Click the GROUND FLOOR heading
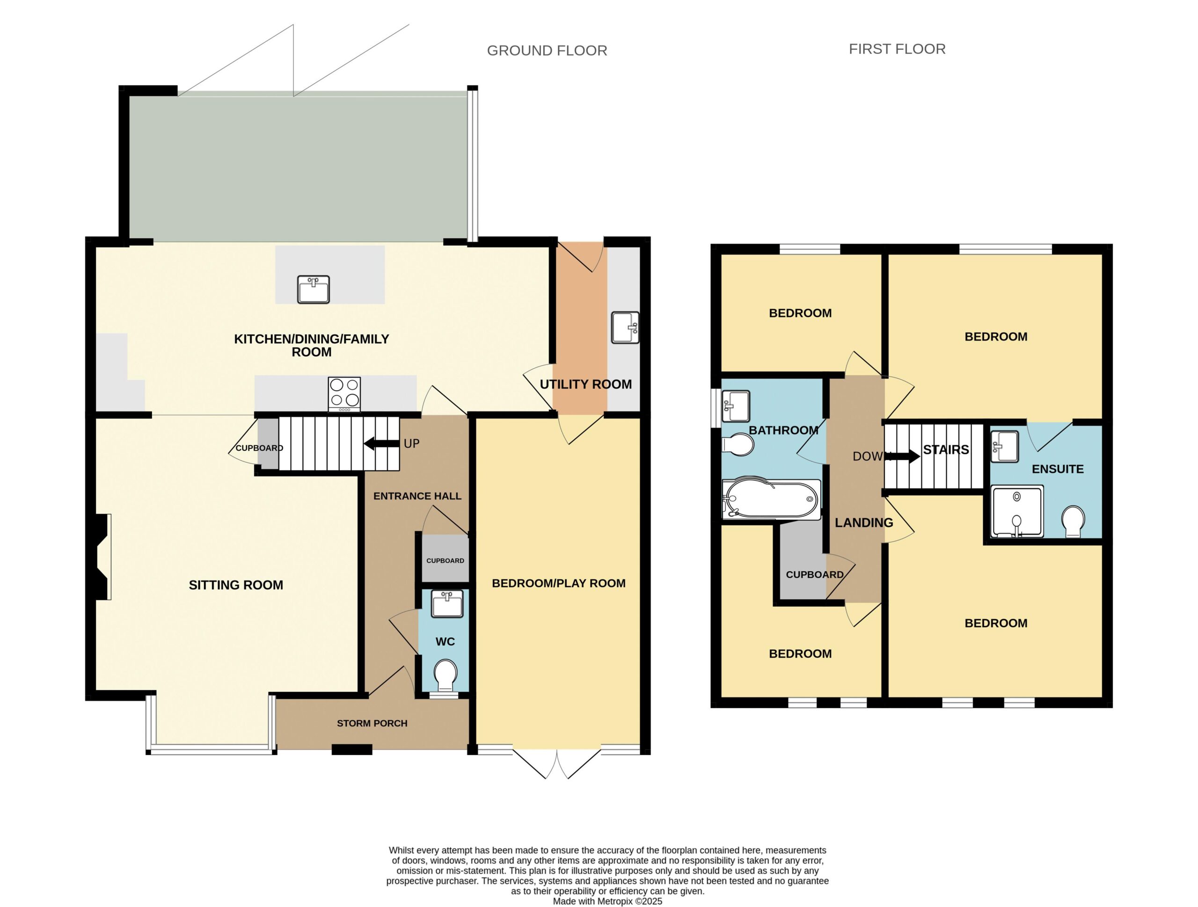[x=547, y=51]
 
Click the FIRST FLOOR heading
[x=897, y=49]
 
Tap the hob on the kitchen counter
[x=344, y=394]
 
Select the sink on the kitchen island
[x=314, y=289]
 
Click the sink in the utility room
[x=625, y=327]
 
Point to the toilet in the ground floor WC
[x=445, y=674]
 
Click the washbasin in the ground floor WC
[x=447, y=604]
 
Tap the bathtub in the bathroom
[x=771, y=499]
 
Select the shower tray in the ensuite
[x=1017, y=511]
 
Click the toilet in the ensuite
[x=1074, y=522]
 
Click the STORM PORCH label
[x=372, y=723]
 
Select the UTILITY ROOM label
[x=585, y=384]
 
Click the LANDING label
[x=864, y=522]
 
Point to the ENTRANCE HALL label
[x=417, y=495]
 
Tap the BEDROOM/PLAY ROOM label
[x=558, y=583]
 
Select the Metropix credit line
[x=607, y=901]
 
